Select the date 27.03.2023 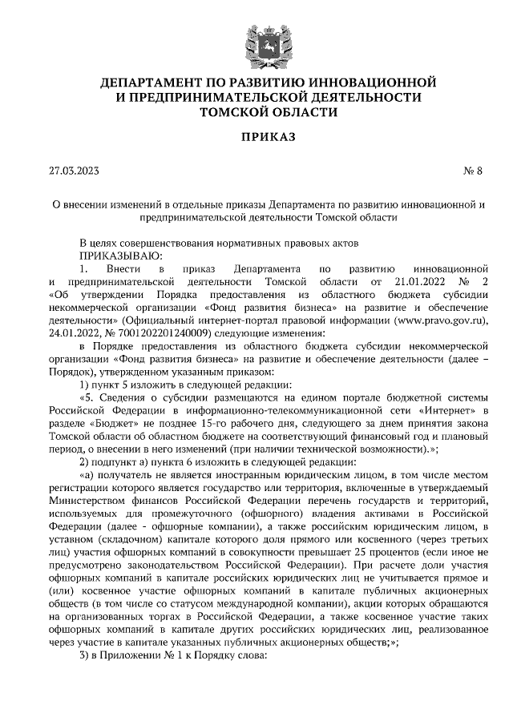point(74,171)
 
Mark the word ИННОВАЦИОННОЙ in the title point(366,83)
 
